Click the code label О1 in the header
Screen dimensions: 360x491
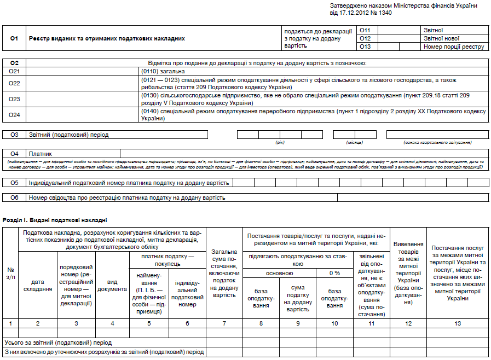pos(14,39)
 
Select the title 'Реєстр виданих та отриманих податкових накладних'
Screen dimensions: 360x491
pos(107,39)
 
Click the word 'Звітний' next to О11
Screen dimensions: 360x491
pos(433,30)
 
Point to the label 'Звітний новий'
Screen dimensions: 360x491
pos(441,38)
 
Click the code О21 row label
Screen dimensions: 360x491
pos(14,72)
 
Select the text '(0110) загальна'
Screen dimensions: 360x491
pos(163,72)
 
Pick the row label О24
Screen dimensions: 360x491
pos(14,114)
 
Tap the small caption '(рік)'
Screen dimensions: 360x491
pos(280,142)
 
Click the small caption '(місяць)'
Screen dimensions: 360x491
pos(351,142)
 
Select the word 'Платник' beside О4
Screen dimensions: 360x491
pos(41,154)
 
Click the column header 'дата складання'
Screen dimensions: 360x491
pos(38,285)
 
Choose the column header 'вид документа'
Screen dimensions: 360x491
pos(112,285)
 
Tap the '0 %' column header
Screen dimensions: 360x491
pos(334,273)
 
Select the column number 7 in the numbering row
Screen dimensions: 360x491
pos(224,323)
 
